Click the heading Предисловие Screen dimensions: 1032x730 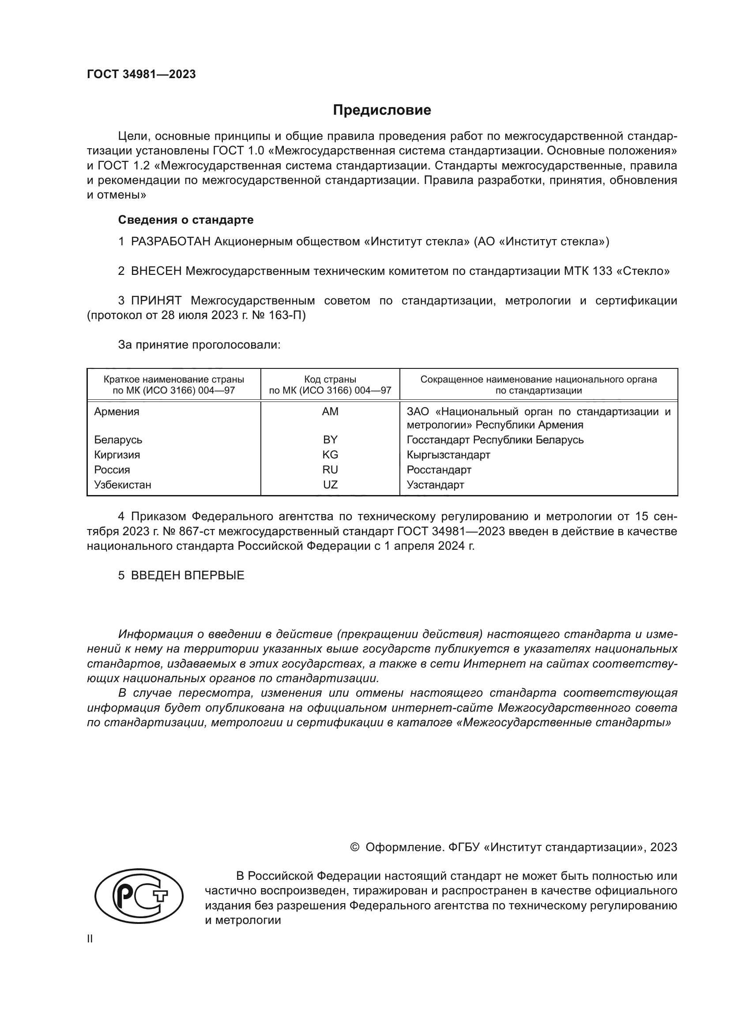tap(382, 110)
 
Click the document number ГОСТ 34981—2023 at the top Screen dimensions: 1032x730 tap(141, 75)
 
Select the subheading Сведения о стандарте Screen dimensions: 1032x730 tap(186, 220)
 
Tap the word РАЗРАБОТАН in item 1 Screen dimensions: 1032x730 tap(170, 242)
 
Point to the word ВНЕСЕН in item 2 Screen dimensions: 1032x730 tap(156, 271)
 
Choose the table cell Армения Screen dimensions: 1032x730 tap(117, 412)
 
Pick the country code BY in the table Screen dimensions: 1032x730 tap(330, 439)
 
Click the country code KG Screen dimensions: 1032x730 tap(330, 454)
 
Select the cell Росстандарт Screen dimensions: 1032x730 tap(439, 470)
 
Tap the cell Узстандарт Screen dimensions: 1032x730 tap(435, 484)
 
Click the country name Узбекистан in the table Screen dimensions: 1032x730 tap(122, 484)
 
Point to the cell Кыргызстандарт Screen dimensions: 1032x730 tap(448, 454)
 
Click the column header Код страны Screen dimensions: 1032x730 tap(330, 379)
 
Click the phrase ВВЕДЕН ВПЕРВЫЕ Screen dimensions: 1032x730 tap(188, 575)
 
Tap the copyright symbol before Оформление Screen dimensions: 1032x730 tap(355, 847)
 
